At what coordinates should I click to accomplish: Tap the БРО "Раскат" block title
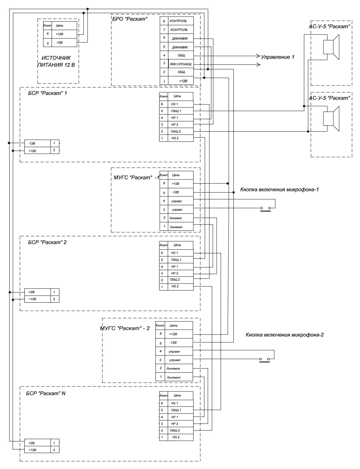(129, 19)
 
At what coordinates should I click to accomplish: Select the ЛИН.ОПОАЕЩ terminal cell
(181, 64)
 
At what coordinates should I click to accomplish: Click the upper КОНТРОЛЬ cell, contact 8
(178, 21)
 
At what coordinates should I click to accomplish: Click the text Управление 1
(277, 57)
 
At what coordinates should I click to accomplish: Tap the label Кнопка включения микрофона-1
(279, 189)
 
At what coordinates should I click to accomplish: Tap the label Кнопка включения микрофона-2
(285, 335)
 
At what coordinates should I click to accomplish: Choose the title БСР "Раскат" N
(46, 393)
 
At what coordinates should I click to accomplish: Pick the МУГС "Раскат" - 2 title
(124, 328)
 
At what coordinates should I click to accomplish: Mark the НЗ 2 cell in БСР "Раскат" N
(176, 437)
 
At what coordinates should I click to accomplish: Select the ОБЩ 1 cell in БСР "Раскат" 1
(176, 111)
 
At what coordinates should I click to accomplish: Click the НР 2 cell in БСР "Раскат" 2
(175, 274)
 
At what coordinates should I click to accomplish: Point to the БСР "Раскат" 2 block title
(47, 242)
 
